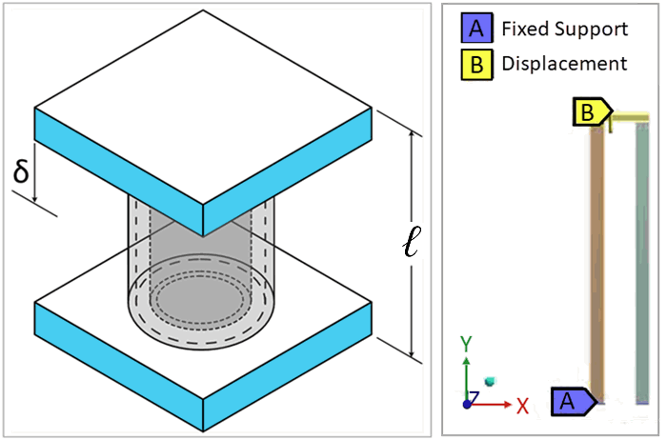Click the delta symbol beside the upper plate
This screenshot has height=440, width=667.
(x=21, y=173)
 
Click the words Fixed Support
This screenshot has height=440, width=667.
(x=565, y=29)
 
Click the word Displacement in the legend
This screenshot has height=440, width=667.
(x=564, y=64)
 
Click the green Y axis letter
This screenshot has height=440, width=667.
(x=465, y=343)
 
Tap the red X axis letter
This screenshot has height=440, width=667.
(x=522, y=405)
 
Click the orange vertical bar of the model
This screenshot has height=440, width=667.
(x=597, y=257)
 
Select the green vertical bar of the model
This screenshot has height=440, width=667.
(x=641, y=257)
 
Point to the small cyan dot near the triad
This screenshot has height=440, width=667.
(x=491, y=382)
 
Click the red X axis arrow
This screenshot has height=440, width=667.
(x=495, y=404)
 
